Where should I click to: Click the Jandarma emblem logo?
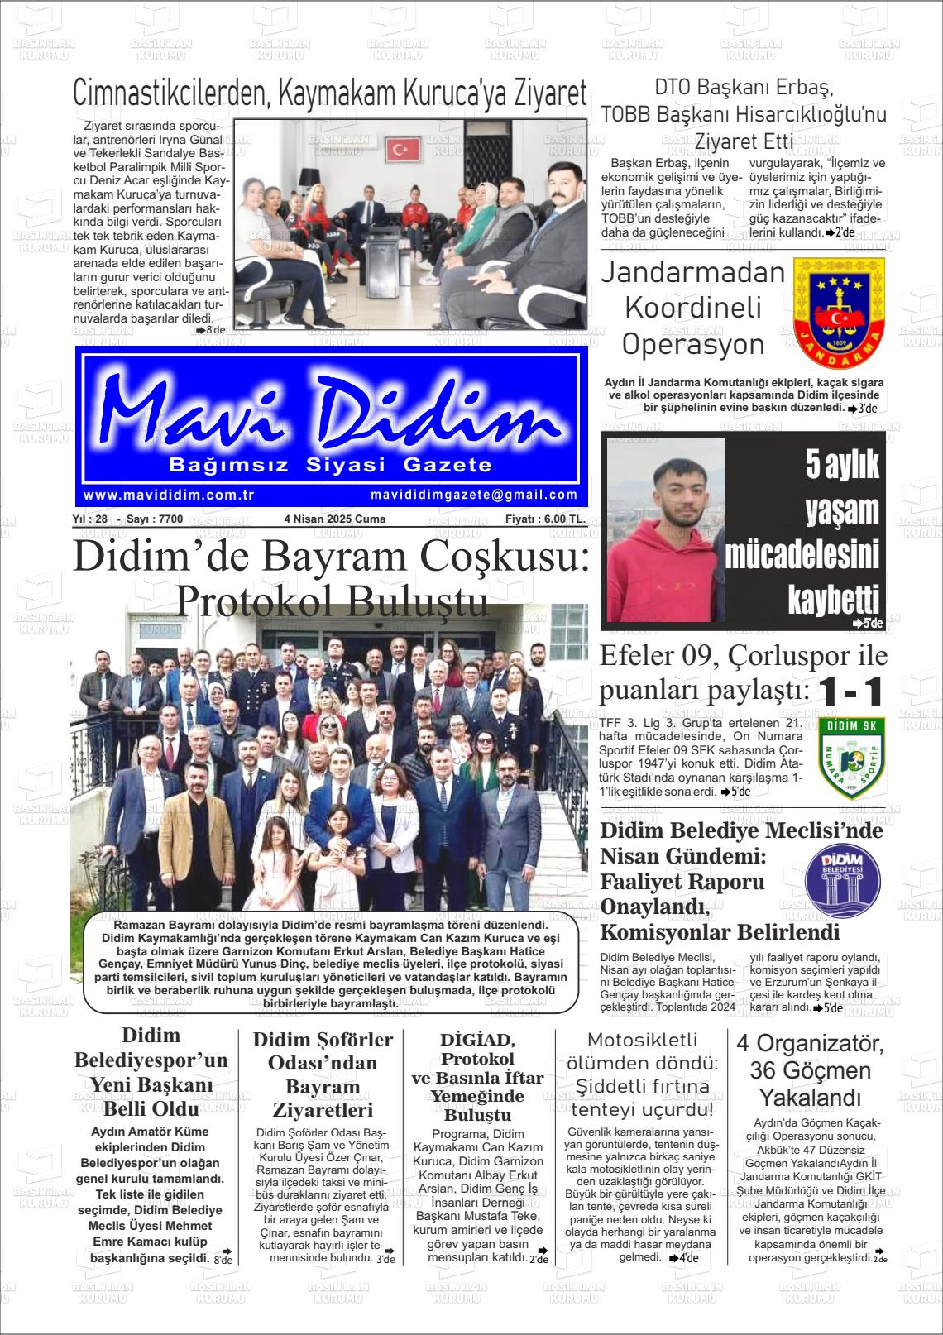click(839, 313)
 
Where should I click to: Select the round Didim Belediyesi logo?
click(842, 881)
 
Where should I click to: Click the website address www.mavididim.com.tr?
click(168, 495)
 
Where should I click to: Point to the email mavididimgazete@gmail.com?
click(474, 495)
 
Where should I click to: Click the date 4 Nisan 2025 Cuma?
click(334, 519)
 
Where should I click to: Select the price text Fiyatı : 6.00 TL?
click(545, 519)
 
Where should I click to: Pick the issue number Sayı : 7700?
click(155, 519)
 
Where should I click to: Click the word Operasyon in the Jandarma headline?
click(693, 345)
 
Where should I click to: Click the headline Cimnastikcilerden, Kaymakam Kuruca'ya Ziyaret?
click(330, 93)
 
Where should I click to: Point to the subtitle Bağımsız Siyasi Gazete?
click(330, 465)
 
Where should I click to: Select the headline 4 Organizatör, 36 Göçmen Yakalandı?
click(810, 1070)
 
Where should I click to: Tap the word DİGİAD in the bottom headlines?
click(477, 1040)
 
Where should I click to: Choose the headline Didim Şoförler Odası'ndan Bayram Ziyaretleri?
click(322, 1074)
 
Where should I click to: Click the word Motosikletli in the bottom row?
click(642, 1040)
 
